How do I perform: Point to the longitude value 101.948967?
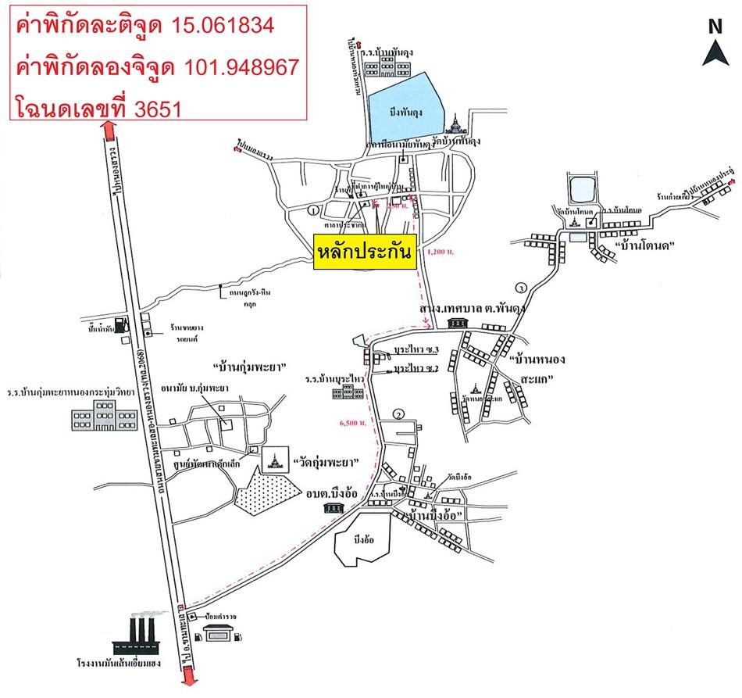click(241, 67)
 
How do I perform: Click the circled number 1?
click(312, 210)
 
